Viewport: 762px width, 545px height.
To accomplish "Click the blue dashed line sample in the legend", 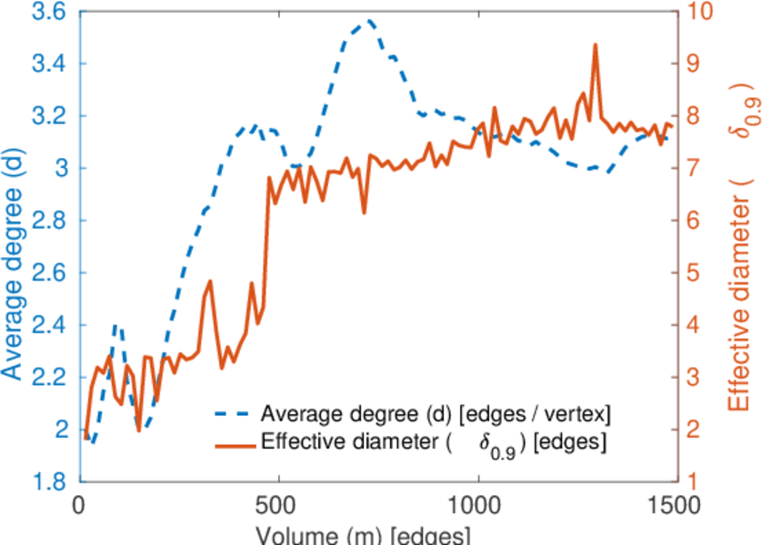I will [x=235, y=415].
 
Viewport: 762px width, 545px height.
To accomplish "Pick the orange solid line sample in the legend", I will [x=235, y=443].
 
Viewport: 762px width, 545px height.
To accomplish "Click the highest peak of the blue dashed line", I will [x=369, y=20].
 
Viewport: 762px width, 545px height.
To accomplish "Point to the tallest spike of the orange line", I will [x=595, y=45].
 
